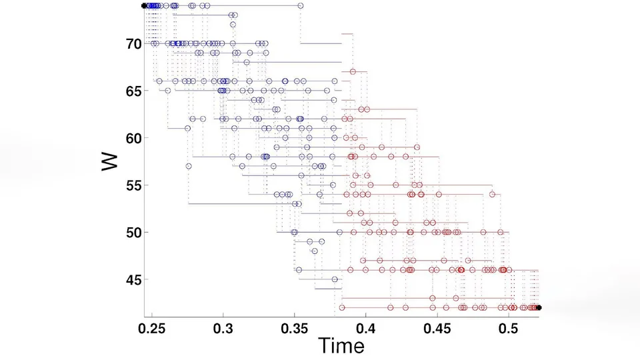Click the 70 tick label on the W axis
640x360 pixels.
[x=133, y=44]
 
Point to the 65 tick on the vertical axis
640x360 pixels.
[x=133, y=91]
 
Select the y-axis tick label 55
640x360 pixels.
[x=133, y=186]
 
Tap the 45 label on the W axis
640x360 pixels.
[x=133, y=280]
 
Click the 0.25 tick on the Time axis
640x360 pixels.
[x=152, y=329]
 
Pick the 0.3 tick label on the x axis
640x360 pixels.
[x=223, y=329]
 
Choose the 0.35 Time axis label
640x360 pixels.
[x=294, y=329]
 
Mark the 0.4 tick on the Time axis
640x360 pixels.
[x=366, y=329]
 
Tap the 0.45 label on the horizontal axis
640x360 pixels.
[x=437, y=329]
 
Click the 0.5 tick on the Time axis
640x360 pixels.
[x=508, y=329]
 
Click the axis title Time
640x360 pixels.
[x=341, y=346]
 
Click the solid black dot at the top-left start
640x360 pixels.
[x=144, y=6]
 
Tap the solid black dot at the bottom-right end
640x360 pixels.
[x=539, y=308]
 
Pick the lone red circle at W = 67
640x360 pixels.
[x=353, y=72]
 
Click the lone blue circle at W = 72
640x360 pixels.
[x=233, y=25]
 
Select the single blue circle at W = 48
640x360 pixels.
[x=314, y=251]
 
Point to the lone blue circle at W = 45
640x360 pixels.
[x=335, y=279]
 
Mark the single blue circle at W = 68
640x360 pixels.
[x=247, y=63]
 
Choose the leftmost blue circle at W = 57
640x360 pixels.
[x=189, y=166]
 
